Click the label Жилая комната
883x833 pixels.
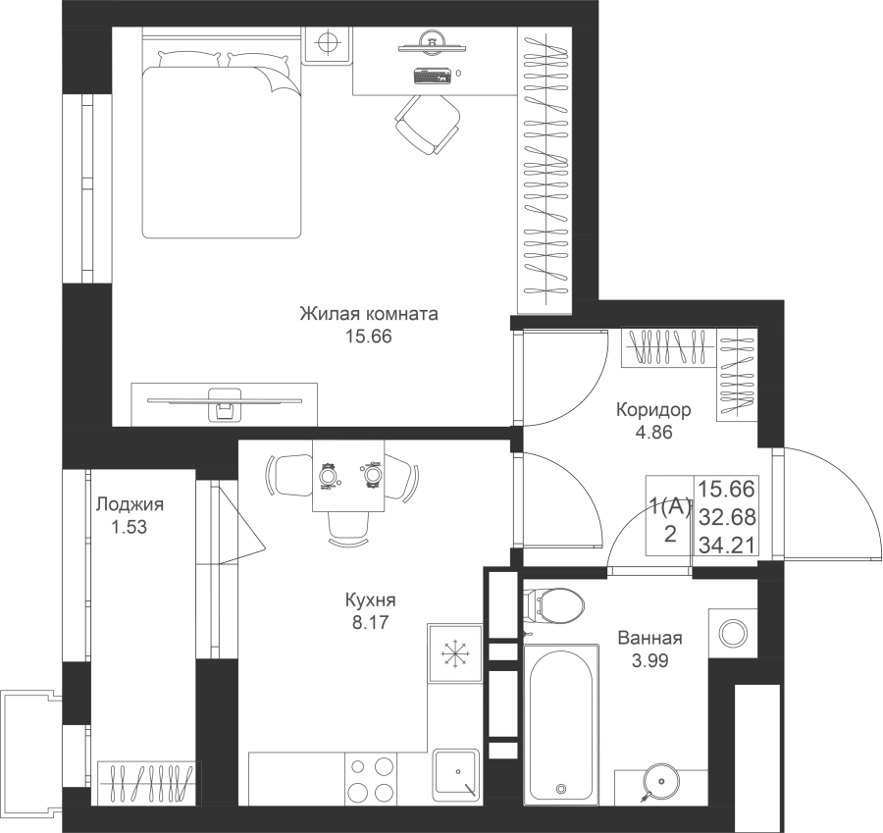coord(368,314)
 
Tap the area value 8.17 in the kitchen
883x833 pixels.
coord(370,622)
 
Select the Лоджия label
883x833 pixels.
coord(130,504)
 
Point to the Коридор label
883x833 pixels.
coord(653,409)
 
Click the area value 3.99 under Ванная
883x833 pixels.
coord(649,660)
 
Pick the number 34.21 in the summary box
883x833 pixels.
coord(727,545)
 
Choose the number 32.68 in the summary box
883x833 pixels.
coord(727,516)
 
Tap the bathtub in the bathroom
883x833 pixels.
coord(560,724)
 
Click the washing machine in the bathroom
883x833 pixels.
coord(733,633)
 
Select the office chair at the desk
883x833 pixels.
coord(428,124)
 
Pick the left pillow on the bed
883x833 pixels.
coord(189,59)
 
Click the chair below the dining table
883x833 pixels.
coord(348,528)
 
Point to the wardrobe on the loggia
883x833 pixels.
coord(149,783)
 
